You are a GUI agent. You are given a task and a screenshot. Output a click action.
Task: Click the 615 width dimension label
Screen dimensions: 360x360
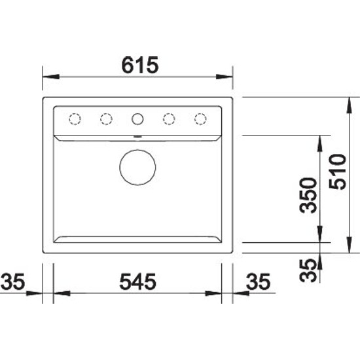[140, 65]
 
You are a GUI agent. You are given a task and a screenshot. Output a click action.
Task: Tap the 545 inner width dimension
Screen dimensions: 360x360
[137, 281]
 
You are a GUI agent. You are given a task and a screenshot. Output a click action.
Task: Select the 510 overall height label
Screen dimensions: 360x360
[337, 171]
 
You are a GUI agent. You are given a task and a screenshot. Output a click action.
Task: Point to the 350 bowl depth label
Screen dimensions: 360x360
[308, 195]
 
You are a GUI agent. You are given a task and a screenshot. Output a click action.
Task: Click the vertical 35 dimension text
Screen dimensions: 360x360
[308, 270]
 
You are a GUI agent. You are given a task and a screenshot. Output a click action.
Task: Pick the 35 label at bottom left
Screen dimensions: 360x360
[12, 281]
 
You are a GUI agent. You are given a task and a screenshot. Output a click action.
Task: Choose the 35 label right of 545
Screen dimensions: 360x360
[258, 281]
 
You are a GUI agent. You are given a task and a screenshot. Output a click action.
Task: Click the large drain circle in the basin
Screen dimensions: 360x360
[137, 167]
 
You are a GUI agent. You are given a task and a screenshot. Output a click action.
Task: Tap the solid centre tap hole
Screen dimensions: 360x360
[137, 119]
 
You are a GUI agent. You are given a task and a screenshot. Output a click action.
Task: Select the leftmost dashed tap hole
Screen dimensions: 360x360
[75, 119]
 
